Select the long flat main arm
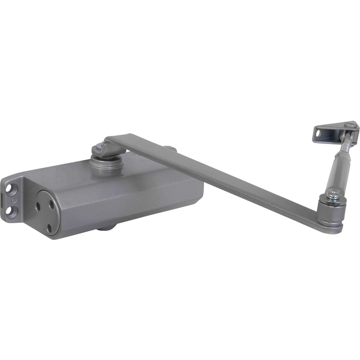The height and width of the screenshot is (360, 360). [216, 180]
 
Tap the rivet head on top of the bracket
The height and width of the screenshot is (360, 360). [351, 124]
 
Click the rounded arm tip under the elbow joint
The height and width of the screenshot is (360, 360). [331, 227]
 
